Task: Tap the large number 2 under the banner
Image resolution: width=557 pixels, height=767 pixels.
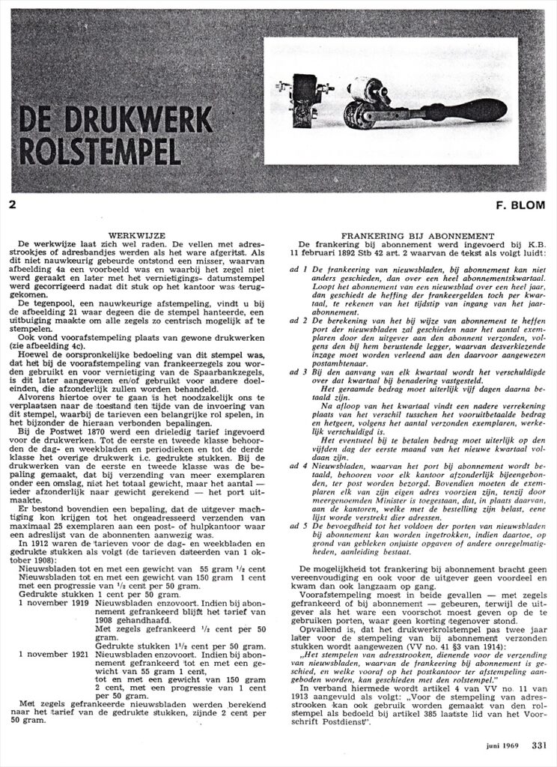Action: pyautogui.click(x=13, y=203)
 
